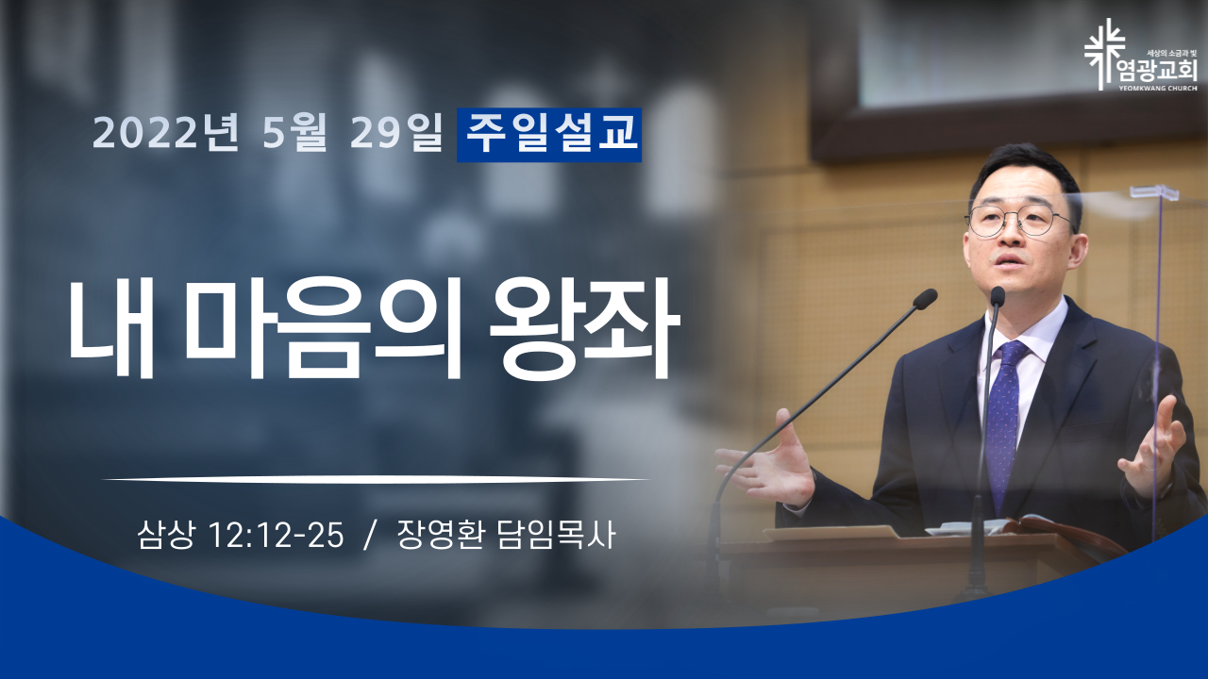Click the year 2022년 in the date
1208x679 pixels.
pos(165,133)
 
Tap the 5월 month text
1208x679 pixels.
pos(294,133)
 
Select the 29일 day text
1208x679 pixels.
pos(396,133)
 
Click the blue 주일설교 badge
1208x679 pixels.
pos(549,135)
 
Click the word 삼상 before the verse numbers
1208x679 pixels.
pos(165,536)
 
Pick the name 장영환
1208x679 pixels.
pos(440,536)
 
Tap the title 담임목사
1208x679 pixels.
pos(556,536)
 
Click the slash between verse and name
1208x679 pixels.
pos(369,536)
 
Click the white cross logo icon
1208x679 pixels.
pos(1105,54)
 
